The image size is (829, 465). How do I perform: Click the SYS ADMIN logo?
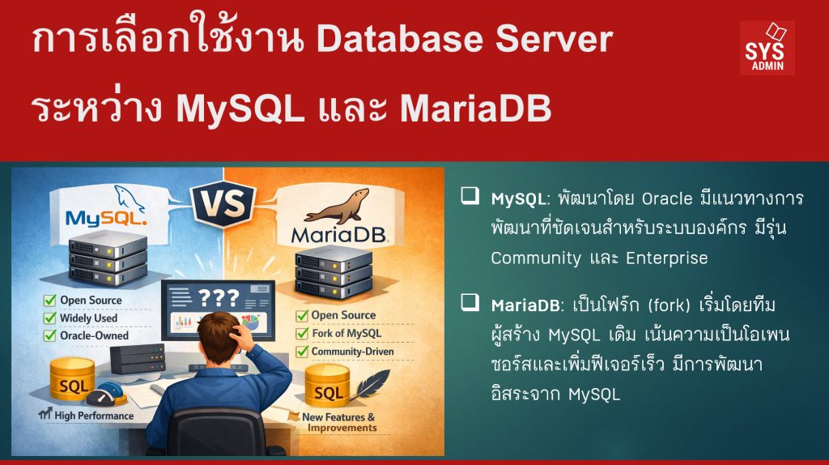[767, 48]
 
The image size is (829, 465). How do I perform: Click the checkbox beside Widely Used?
[50, 318]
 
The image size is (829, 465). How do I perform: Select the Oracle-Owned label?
[94, 335]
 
